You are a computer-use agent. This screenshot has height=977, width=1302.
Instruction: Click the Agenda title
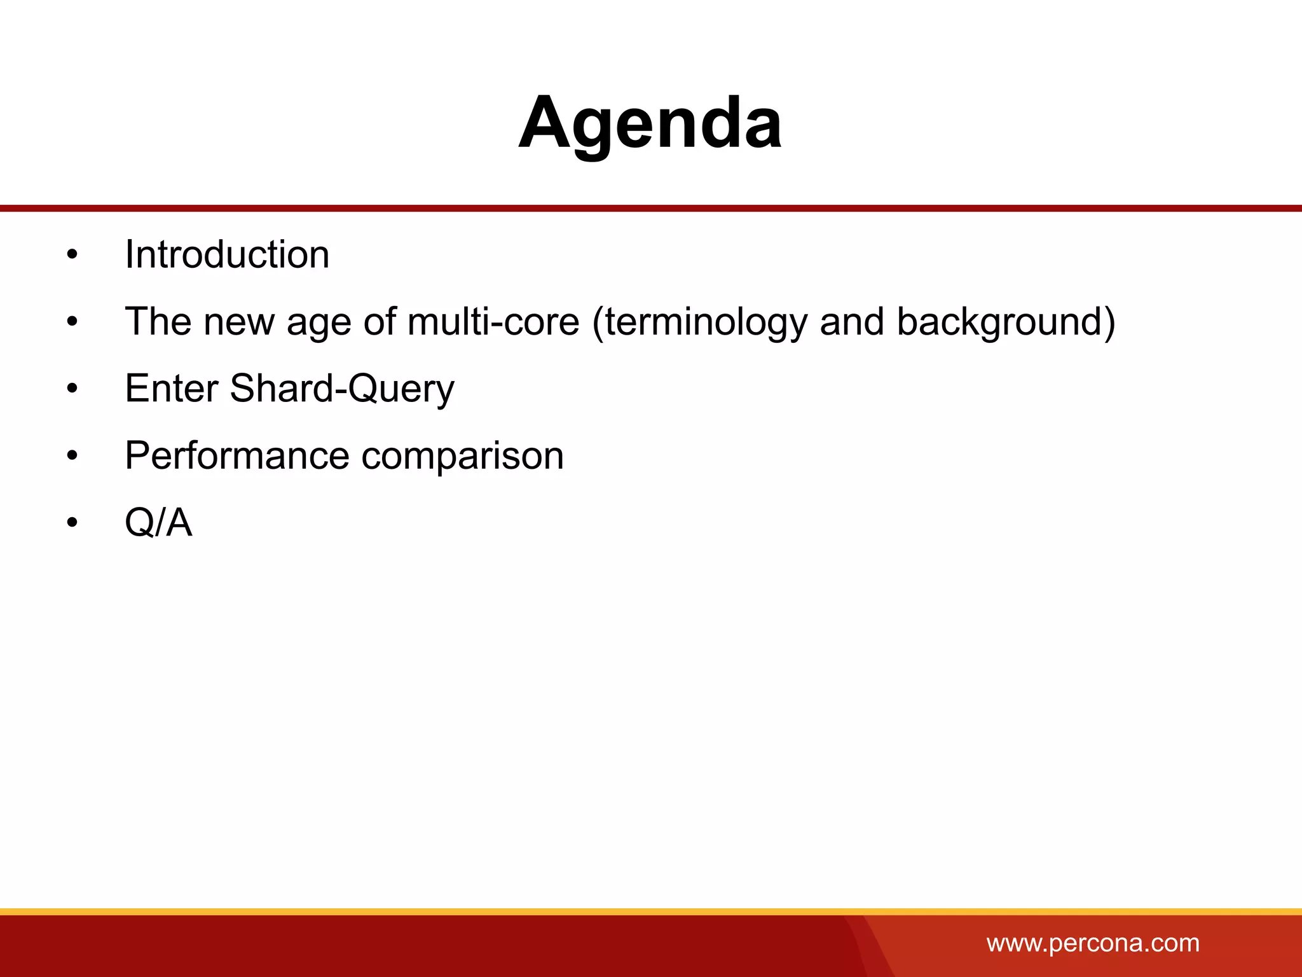point(650,123)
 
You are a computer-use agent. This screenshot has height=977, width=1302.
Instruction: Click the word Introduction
point(227,254)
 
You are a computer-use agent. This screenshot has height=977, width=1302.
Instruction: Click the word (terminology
point(699,322)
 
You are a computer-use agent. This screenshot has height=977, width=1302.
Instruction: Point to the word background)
point(1006,322)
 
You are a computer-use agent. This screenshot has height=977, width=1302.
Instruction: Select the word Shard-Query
point(342,389)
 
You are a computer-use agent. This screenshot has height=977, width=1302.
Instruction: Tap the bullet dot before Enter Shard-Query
point(72,389)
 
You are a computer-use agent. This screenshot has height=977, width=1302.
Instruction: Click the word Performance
point(236,455)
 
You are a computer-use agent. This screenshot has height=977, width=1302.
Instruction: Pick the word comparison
point(462,457)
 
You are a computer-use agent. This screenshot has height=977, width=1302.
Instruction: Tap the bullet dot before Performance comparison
point(72,457)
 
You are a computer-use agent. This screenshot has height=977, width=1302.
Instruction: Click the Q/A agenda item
point(158,523)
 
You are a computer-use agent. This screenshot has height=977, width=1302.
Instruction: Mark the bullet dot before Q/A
point(72,523)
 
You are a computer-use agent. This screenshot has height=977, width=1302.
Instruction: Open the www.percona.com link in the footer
point(1092,943)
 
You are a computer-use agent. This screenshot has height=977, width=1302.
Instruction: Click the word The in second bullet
point(158,321)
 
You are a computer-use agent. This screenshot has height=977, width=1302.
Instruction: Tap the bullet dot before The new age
point(72,322)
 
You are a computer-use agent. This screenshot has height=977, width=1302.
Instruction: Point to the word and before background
point(852,321)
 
